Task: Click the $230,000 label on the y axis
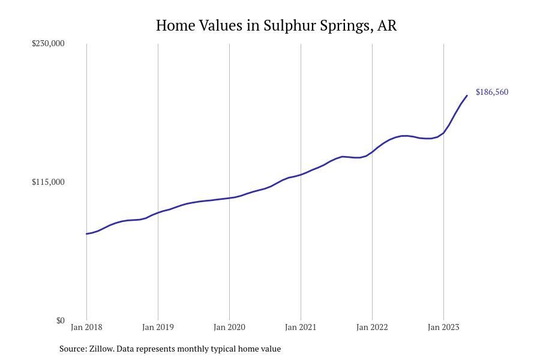pos(48,43)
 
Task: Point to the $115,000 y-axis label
pos(48,182)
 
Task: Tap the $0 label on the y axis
pos(60,320)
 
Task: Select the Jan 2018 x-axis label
pos(86,328)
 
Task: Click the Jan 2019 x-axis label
pos(158,328)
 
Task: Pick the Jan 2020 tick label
pos(229,328)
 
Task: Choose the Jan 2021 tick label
pos(301,328)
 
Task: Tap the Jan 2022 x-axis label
pos(372,328)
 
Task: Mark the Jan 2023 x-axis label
pos(443,328)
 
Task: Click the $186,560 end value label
pos(492,92)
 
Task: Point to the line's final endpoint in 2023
pos(467,95)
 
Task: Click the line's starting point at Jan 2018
pos(86,234)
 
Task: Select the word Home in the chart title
pos(175,26)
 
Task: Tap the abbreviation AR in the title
pos(387,26)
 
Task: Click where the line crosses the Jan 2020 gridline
pos(229,198)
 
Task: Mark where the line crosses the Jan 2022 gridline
pos(372,151)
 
